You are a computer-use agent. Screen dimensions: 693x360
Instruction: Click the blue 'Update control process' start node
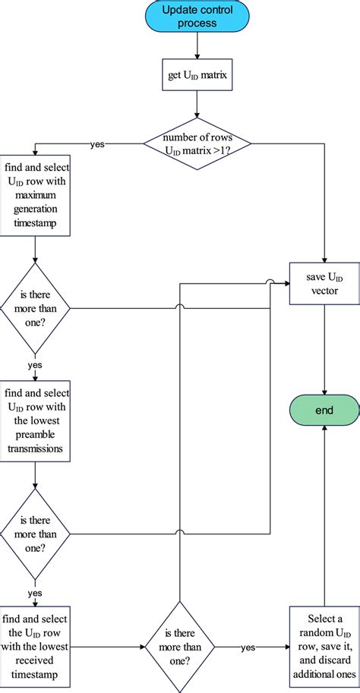[x=197, y=17]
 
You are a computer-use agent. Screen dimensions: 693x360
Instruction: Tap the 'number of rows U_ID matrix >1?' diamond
[x=197, y=143]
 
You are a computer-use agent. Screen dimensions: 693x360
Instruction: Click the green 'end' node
[x=325, y=410]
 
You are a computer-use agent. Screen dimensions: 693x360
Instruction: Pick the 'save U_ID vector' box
[x=325, y=284]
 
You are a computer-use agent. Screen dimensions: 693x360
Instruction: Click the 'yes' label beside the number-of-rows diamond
[x=97, y=144]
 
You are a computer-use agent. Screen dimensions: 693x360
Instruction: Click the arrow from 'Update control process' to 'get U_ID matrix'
[x=197, y=46]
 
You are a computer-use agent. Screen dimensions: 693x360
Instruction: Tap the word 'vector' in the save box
[x=325, y=291]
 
